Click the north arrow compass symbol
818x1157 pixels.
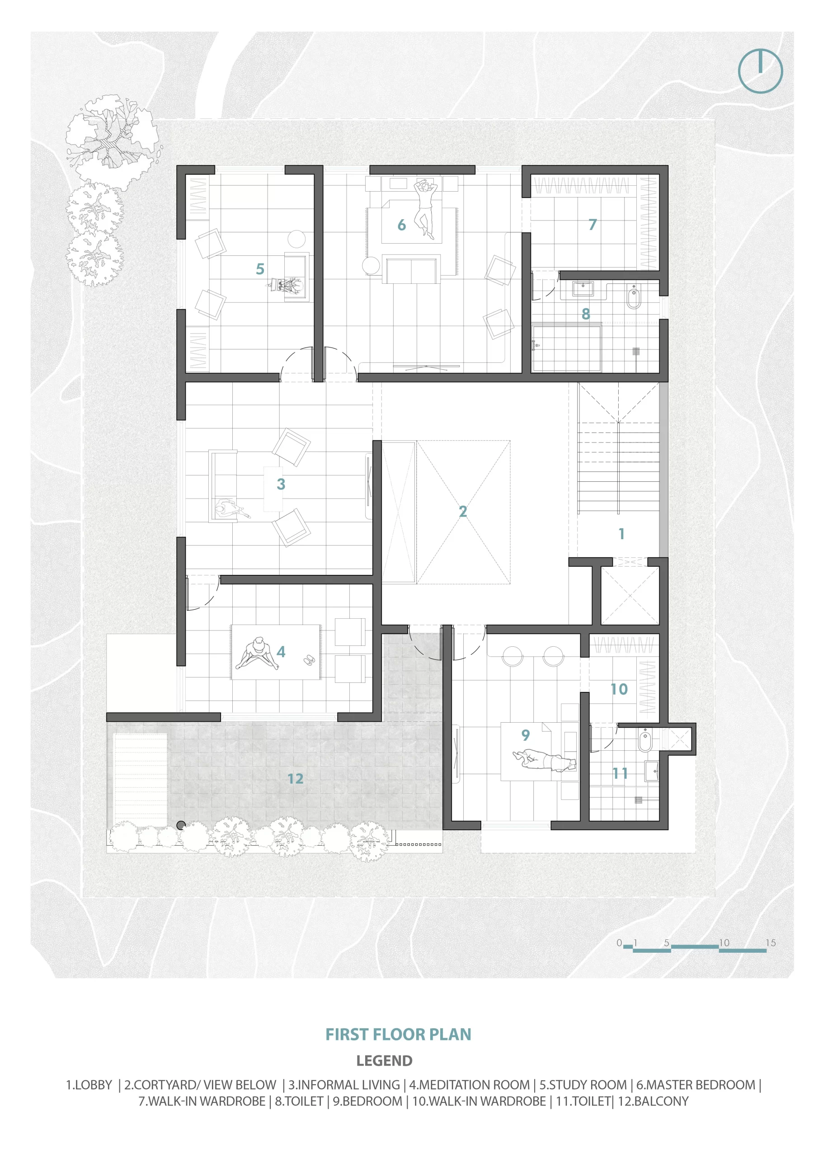point(760,71)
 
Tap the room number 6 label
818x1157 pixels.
point(401,225)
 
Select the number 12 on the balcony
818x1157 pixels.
point(296,779)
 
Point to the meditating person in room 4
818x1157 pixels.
point(257,654)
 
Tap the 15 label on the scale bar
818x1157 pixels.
point(771,943)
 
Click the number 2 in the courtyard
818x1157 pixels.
point(463,512)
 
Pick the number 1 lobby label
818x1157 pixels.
point(621,534)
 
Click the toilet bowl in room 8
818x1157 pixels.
point(634,297)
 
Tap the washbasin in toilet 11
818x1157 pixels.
point(652,771)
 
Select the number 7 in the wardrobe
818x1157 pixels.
point(592,224)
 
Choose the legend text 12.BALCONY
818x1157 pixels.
point(653,1101)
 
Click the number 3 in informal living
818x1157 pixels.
point(281,484)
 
